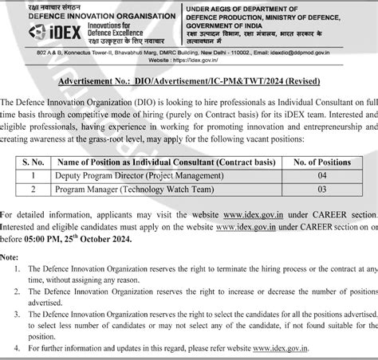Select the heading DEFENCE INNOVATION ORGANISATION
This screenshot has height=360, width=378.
point(104,16)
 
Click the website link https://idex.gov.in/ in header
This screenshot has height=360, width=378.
point(207,59)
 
